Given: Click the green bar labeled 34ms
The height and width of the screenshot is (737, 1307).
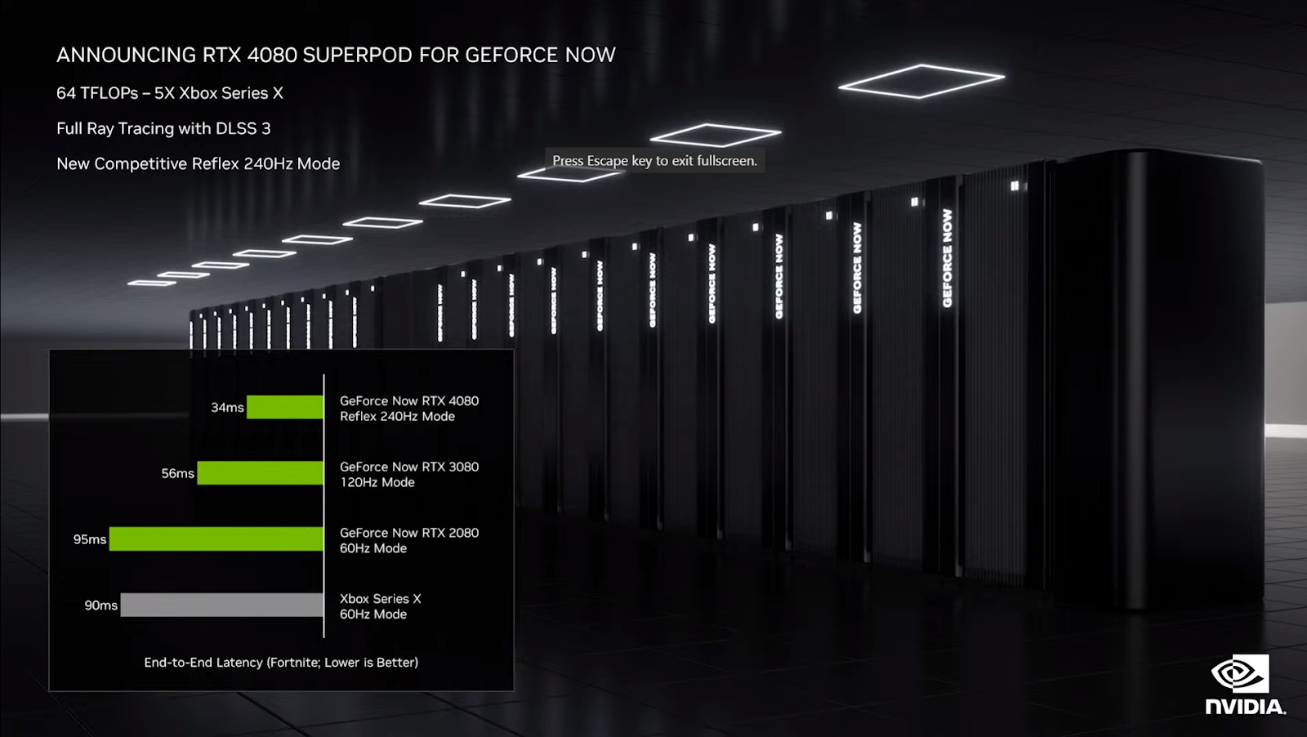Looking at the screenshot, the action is pos(285,407).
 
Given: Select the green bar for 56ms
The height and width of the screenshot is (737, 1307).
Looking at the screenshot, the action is pos(261,473).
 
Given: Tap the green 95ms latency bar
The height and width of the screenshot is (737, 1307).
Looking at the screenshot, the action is pos(216,539).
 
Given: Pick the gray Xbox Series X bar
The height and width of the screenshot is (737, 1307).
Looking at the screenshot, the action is pos(222,605).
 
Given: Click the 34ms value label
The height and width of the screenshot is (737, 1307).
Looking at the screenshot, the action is pos(227,407).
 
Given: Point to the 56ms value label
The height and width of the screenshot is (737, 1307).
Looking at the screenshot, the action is pos(177,473).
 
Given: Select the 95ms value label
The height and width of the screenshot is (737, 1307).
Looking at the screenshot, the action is pos(90,539).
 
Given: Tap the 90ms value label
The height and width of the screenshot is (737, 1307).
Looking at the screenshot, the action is pos(100,605).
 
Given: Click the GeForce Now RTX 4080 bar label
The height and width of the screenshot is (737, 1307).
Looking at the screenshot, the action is pos(409,409).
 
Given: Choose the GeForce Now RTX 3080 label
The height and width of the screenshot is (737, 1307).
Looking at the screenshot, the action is pos(409,475).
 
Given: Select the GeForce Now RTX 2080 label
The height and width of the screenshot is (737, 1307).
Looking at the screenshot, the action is pos(409,540).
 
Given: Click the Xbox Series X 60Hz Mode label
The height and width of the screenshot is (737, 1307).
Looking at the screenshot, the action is pos(381,606).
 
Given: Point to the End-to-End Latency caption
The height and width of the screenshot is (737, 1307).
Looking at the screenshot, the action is pos(281,663).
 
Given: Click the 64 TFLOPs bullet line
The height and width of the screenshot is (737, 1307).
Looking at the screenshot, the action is pos(170,93).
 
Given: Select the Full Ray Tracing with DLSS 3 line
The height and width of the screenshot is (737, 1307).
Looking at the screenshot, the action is pos(163,128).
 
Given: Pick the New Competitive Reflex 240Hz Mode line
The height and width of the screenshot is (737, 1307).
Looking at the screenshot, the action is pos(198,163).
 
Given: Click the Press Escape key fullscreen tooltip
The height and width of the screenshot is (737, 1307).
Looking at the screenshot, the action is pos(654,161).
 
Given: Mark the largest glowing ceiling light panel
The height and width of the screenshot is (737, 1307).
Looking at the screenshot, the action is pos(921,81).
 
